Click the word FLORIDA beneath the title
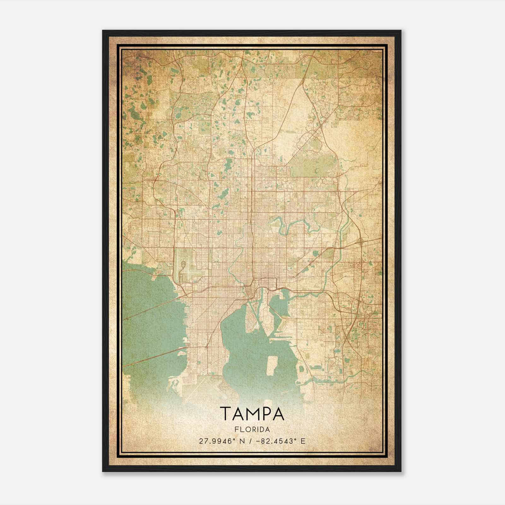(x=252, y=430)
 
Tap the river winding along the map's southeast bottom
(x=341, y=377)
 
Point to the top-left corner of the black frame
(x=103, y=31)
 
